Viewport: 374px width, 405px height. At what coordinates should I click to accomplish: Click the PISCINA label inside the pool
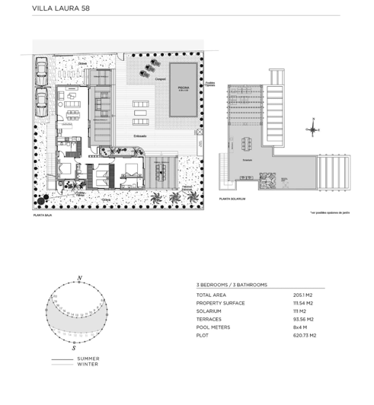coord(183,88)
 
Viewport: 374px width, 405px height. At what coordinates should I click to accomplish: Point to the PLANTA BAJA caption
coord(43,215)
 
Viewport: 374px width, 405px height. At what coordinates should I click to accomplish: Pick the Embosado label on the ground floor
coord(140,136)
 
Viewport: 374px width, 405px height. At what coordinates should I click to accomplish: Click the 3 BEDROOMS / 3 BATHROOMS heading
coord(232,285)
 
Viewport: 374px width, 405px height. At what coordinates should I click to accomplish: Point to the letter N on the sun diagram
coord(79,278)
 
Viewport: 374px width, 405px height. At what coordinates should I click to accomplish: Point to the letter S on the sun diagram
coord(75,346)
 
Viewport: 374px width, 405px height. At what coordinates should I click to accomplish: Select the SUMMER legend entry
coord(88,359)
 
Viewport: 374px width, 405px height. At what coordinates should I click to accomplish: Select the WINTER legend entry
coord(87,364)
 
